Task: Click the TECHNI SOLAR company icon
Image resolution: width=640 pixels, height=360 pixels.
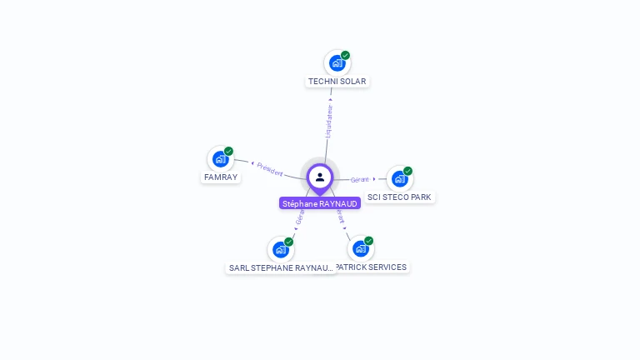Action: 337,62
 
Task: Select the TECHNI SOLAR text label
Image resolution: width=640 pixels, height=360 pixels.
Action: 337,82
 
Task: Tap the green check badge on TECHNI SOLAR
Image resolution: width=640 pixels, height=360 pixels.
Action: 345,56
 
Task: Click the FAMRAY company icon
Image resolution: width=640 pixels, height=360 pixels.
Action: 220,158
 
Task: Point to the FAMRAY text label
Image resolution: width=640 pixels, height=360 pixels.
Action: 221,177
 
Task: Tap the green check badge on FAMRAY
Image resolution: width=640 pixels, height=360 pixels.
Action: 228,152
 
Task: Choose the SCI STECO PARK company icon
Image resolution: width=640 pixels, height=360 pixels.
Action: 399,178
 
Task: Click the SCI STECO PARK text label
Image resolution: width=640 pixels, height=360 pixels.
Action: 400,197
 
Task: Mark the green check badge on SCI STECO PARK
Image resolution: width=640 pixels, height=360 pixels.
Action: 407,171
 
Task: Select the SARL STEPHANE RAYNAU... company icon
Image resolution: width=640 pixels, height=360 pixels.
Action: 280,249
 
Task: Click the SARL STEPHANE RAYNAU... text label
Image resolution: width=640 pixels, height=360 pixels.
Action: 281,268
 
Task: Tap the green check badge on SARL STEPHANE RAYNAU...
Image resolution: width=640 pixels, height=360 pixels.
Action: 288,242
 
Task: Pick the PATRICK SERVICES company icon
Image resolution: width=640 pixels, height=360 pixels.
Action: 360,248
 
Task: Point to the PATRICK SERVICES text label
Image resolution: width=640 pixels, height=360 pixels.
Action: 372,267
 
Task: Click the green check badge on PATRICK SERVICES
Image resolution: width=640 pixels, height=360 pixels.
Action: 368,241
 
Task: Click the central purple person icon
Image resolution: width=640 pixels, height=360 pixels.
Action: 320,177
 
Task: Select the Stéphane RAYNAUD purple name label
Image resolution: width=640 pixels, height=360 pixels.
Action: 320,203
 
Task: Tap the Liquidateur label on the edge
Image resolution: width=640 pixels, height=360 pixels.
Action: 328,122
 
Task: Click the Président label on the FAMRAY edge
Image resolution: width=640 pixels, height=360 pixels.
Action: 270,168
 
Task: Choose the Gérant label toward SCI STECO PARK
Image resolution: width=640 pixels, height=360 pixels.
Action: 360,180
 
